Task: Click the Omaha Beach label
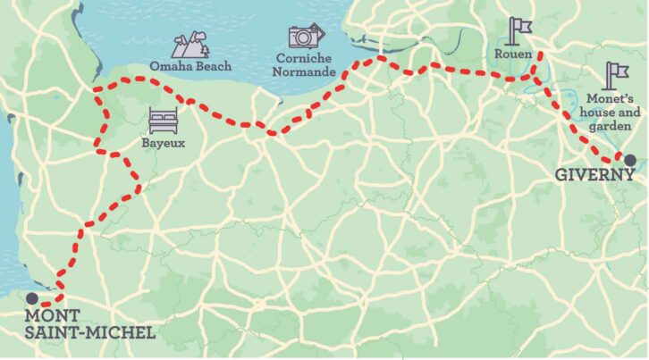191,66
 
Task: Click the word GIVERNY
594,175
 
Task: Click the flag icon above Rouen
518,29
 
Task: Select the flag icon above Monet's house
616,73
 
